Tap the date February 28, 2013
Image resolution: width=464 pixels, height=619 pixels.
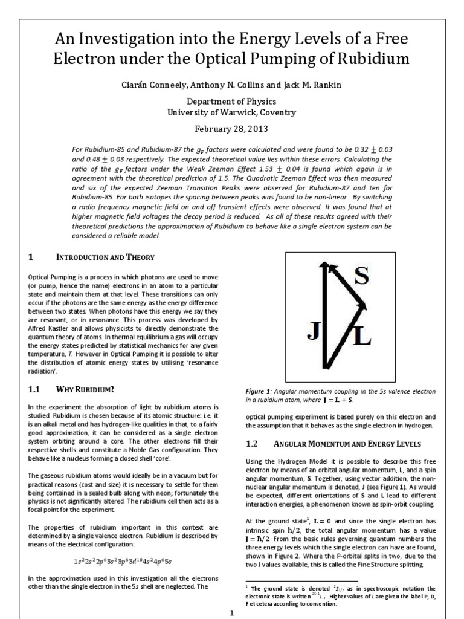tap(231, 129)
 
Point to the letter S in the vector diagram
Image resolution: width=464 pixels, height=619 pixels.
tap(361, 277)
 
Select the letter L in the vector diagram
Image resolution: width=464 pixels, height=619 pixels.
tap(361, 337)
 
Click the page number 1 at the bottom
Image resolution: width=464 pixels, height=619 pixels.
tap(231, 612)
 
